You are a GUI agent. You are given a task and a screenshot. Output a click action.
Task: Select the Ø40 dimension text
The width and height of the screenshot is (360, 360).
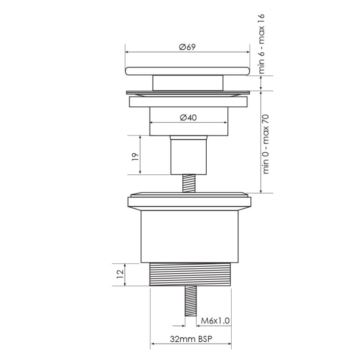coord(188,117)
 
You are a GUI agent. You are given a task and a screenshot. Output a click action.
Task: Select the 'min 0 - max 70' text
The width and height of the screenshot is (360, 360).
coord(267,143)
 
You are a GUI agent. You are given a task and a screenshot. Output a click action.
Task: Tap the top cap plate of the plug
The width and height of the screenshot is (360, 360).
coord(187,70)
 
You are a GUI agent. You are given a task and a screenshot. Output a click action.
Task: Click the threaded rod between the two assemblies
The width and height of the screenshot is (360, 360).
coord(188,183)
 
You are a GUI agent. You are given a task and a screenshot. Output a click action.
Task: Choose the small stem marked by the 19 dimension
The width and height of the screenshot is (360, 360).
coord(188,155)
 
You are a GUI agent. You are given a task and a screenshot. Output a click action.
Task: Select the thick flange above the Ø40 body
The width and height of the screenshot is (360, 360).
coord(187,102)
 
